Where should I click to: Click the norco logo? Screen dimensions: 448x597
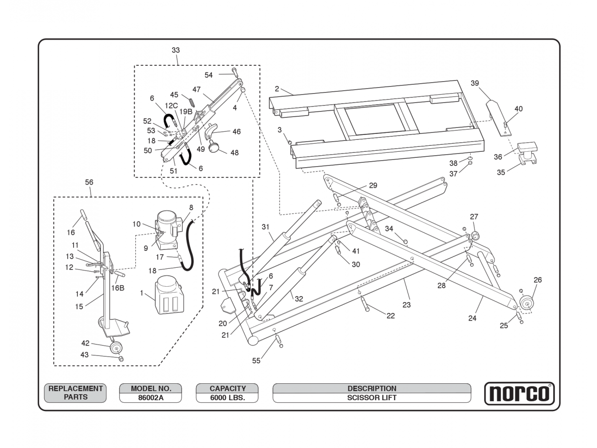pos(519,393)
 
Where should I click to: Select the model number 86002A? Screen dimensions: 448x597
pos(151,398)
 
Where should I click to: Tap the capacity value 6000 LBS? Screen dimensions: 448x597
pos(227,398)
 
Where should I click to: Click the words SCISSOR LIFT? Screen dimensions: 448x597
pos(372,398)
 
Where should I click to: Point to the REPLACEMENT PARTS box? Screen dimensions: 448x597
pos(75,393)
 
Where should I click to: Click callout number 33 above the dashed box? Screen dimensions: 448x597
pos(176,50)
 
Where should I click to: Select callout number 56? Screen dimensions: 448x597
pos(89,182)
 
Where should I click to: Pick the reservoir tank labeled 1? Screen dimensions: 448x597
pos(167,296)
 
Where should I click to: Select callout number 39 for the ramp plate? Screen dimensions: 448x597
pos(475,83)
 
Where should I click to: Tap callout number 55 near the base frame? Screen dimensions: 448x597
pos(256,361)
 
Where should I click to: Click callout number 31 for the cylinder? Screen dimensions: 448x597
pos(265,227)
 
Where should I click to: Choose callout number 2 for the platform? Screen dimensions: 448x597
pos(277,89)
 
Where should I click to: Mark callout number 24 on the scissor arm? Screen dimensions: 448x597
pos(472,318)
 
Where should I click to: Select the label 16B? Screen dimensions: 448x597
pos(118,288)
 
